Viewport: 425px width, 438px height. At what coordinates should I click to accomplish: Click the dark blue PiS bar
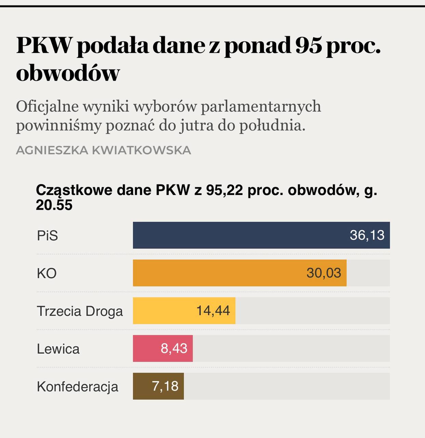click(239, 235)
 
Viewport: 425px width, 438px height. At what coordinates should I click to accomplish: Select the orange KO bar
click(219, 273)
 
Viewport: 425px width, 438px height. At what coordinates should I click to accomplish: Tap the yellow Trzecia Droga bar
click(164, 311)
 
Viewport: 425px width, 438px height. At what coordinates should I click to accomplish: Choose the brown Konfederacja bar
click(142, 386)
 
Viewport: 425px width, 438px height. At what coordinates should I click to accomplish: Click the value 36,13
click(367, 235)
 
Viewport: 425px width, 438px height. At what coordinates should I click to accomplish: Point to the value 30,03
click(323, 273)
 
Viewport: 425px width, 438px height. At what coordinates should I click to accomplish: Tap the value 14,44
click(213, 311)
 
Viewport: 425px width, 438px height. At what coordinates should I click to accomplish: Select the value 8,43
click(174, 348)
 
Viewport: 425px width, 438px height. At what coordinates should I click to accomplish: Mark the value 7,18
click(165, 386)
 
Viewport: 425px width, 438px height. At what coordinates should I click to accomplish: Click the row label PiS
click(47, 236)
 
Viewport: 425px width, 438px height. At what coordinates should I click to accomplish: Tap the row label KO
click(47, 273)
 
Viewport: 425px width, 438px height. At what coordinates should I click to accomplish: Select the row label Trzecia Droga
click(80, 311)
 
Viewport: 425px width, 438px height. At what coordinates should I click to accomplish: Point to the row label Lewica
click(58, 349)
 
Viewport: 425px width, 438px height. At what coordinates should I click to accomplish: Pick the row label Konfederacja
click(77, 387)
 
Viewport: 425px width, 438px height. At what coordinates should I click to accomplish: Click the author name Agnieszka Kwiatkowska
click(103, 150)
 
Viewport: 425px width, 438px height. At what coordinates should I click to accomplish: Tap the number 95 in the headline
click(308, 46)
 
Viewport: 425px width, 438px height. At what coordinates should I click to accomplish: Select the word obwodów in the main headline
click(68, 73)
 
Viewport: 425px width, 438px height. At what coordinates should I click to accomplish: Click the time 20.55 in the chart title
click(54, 205)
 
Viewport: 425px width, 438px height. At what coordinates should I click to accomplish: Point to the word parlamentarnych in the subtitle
click(261, 106)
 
